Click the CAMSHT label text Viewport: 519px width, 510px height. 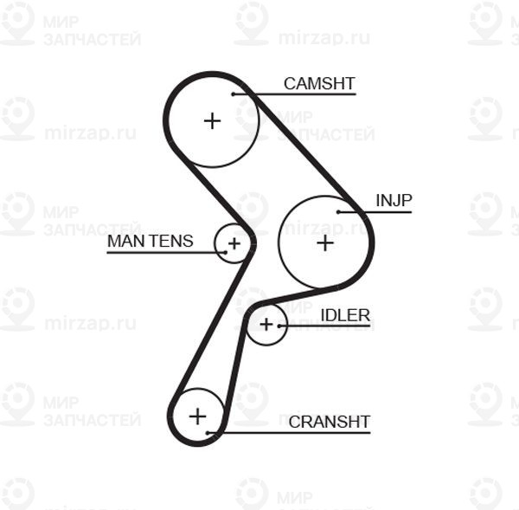pos(319,83)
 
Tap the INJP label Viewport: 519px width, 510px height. pos(394,200)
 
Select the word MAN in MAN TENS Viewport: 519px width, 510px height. pos(125,241)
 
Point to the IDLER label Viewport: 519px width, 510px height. pos(345,315)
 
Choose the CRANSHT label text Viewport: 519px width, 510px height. pos(330,422)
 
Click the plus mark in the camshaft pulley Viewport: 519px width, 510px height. pos(212,120)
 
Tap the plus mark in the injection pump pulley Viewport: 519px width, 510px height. pos(325,243)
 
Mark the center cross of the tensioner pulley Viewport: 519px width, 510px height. pos(234,244)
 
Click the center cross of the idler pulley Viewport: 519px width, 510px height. pos(266,325)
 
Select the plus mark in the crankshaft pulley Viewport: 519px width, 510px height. pos(197,416)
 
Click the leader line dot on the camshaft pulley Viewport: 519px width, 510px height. pos(233,94)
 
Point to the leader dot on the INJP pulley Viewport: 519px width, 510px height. pos(338,212)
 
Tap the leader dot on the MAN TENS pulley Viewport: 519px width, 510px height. pos(226,253)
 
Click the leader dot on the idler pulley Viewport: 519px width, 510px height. pos(279,326)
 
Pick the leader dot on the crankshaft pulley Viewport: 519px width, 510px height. pos(208,433)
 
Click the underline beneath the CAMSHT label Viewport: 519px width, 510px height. pos(294,94)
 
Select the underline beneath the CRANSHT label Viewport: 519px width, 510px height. pos(289,433)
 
